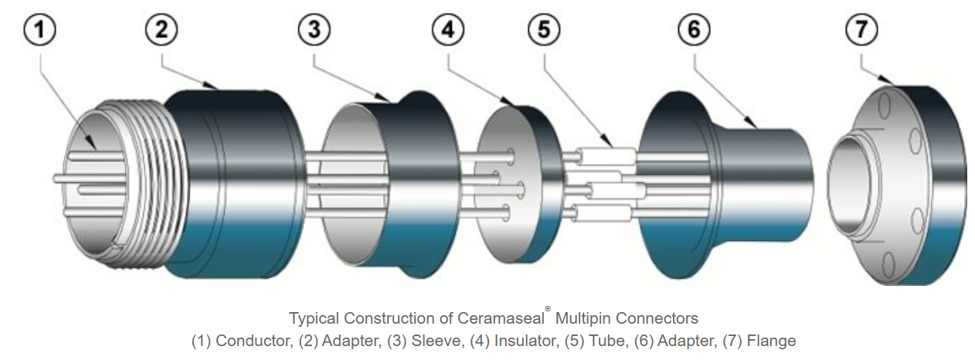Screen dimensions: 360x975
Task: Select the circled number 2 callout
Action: point(161,31)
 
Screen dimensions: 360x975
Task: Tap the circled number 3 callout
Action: point(313,31)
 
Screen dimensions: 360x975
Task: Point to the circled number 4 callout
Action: point(448,31)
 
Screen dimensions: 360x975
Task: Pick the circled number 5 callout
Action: point(545,31)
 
